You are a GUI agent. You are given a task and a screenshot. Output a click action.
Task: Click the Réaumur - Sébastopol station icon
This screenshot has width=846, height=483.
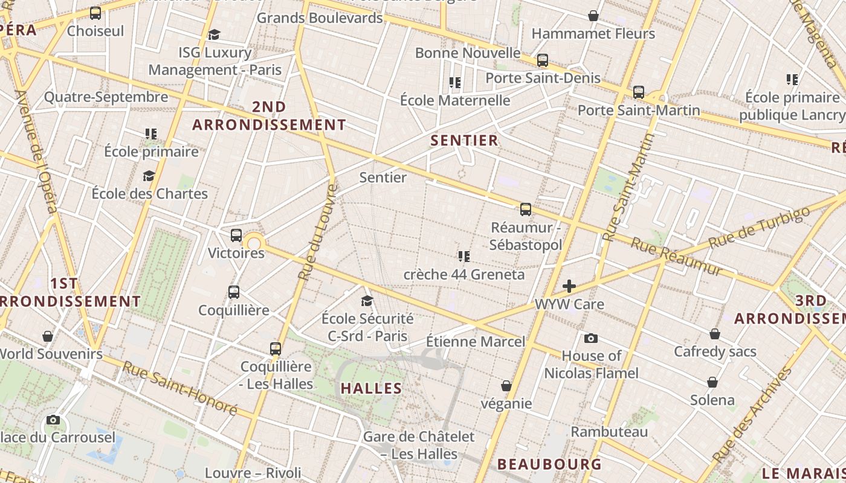(526, 210)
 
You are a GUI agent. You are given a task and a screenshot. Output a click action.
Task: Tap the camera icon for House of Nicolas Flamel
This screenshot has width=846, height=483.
(591, 339)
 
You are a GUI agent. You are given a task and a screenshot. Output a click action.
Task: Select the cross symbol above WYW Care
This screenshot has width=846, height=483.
(569, 286)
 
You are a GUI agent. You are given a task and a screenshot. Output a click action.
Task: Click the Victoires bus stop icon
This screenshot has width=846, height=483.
(236, 235)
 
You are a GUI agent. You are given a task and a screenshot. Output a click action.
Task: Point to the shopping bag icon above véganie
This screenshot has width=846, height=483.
(506, 386)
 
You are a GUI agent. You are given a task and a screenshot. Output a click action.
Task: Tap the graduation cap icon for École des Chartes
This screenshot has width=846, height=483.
(149, 176)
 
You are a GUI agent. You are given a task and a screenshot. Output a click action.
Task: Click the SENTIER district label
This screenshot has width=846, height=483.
(465, 141)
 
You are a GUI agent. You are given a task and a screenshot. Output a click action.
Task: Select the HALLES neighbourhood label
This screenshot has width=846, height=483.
(372, 388)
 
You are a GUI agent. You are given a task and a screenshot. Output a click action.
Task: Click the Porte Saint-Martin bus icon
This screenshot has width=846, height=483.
(639, 92)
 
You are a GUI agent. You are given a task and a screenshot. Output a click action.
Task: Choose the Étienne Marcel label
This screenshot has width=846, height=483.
(476, 342)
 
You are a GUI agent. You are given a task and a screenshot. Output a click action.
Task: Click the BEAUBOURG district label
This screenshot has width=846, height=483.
(549, 464)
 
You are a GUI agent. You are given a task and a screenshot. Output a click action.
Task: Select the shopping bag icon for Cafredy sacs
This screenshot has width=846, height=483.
(715, 334)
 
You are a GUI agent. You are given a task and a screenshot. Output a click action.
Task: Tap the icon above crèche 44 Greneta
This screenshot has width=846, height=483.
(463, 257)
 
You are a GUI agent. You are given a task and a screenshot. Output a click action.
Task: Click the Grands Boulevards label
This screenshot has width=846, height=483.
(320, 18)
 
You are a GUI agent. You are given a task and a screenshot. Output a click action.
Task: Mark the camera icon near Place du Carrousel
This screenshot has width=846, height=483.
(53, 420)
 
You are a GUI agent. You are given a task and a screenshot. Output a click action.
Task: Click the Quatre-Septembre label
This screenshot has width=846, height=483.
(106, 97)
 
